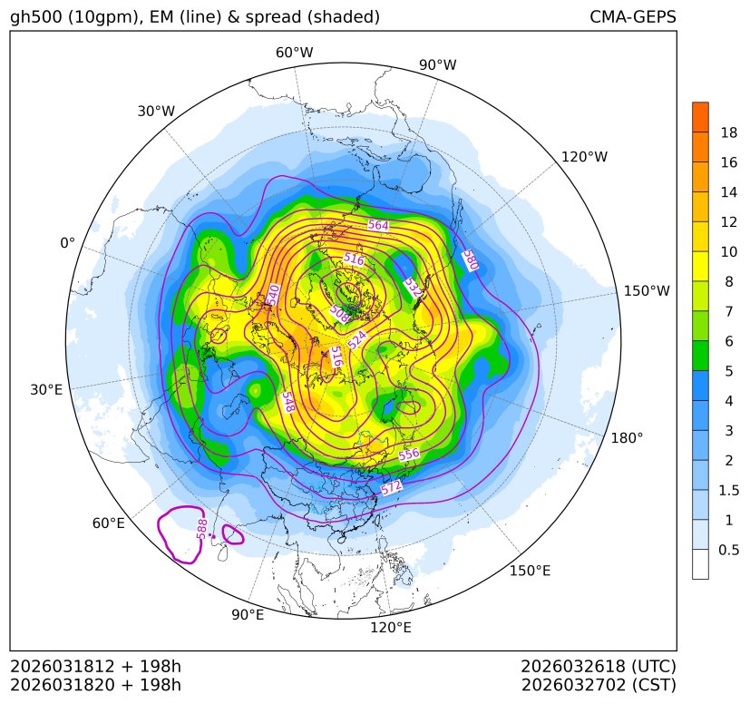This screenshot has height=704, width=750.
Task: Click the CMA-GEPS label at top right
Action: coord(632,17)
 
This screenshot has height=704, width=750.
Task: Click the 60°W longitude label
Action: coord(294,53)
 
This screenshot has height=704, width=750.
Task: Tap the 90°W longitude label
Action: coord(437,65)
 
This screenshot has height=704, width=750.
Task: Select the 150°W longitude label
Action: coord(647,291)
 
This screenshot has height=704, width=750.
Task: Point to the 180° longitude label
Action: coord(627,438)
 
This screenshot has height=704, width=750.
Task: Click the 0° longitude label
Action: coord(67,243)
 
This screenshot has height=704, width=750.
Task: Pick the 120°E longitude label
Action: coord(391,628)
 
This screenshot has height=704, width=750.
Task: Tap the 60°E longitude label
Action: coord(108,523)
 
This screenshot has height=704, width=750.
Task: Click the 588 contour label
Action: coord(202,527)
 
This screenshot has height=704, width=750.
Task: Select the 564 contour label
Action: coord(378,225)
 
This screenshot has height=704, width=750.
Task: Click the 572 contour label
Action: coord(391,488)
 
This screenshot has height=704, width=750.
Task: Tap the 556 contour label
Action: coord(409,454)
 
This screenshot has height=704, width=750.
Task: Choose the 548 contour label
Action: coord(287,402)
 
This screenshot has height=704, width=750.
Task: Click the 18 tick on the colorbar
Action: coord(728,133)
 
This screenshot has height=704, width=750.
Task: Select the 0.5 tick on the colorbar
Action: coord(728,550)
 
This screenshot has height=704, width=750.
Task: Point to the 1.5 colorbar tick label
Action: coord(728,490)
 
